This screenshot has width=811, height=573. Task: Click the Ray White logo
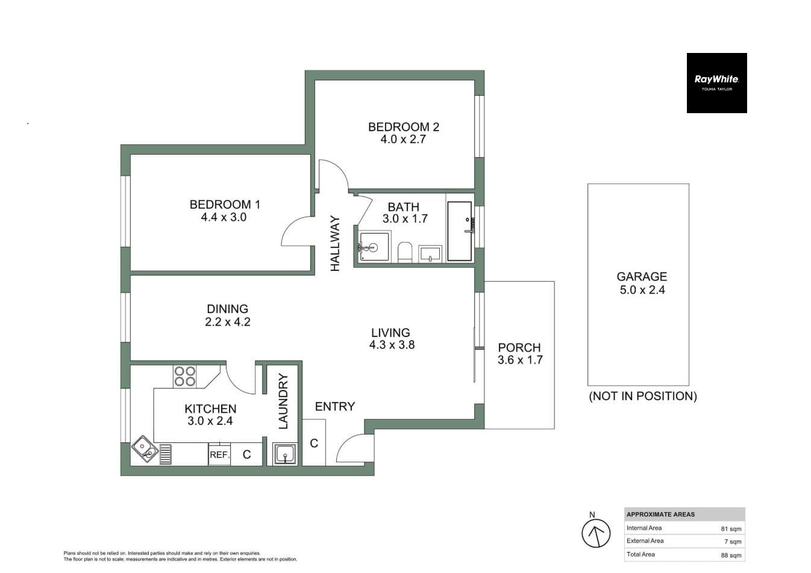click(716, 82)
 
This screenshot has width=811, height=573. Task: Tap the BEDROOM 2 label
click(403, 127)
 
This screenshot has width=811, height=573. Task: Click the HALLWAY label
click(336, 243)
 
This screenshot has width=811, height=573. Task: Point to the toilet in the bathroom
click(405, 252)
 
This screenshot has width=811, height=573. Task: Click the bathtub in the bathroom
click(459, 231)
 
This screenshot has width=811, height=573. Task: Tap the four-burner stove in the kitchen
click(185, 376)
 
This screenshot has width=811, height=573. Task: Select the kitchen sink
click(145, 449)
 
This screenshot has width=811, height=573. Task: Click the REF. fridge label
click(219, 455)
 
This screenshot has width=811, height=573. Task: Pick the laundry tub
click(284, 454)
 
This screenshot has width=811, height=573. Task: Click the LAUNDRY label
click(283, 401)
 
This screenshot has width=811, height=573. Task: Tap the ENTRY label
click(334, 407)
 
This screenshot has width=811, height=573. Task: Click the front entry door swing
click(352, 449)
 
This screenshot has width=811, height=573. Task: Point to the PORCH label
click(519, 347)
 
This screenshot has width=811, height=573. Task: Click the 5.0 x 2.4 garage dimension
click(642, 290)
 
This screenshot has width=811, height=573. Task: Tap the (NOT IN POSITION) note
click(642, 396)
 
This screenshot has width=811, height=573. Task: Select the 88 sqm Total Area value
click(731, 555)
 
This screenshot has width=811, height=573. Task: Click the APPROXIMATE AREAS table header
click(660, 515)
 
